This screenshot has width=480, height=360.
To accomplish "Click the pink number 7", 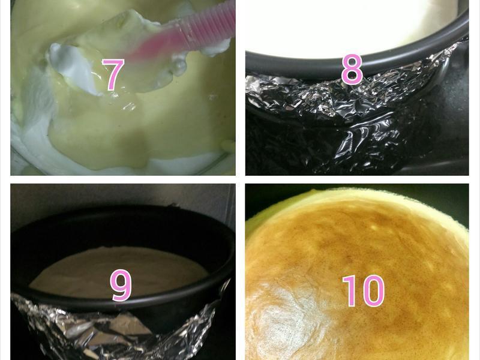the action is [x=113, y=74].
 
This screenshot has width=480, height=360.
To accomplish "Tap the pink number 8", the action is [x=352, y=70].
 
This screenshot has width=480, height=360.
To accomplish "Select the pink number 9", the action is [x=121, y=285].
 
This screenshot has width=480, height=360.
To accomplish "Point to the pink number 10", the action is [x=363, y=290].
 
